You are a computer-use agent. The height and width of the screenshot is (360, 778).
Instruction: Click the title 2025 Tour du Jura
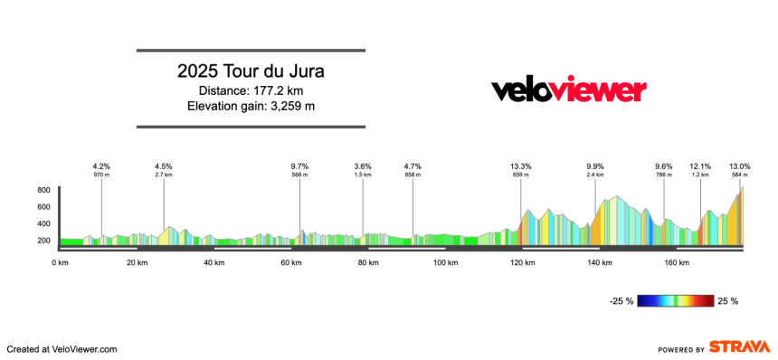pos(251,71)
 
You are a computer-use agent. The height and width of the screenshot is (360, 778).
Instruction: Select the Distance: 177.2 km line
pos(251,90)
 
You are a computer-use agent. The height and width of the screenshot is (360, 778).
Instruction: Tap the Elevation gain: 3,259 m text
pos(251,107)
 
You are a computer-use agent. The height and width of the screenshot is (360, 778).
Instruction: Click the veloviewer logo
pos(568,90)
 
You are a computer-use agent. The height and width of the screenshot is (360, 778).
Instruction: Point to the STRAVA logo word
pos(739,347)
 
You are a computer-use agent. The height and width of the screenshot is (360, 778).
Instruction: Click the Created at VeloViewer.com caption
pos(62,349)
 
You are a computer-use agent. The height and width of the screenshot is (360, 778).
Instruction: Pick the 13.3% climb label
pos(520,166)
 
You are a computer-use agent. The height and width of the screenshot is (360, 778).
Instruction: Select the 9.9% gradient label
pos(594,166)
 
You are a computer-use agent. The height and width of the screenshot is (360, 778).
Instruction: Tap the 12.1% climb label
pos(700,166)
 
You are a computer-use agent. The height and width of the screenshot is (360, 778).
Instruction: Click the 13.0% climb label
pos(739,166)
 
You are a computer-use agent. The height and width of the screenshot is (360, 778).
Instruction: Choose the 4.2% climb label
pos(101,166)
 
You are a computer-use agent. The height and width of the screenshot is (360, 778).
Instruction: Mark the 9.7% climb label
pos(299,166)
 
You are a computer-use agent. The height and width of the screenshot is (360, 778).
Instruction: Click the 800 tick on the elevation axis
pos(43,191)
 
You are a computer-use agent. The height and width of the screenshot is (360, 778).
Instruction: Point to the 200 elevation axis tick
pos(43,241)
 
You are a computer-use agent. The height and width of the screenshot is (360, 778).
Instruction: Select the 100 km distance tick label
pos(445,263)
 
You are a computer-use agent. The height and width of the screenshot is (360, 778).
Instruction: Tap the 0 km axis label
pos(61,263)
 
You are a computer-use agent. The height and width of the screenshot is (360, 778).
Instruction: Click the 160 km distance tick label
pos(677,263)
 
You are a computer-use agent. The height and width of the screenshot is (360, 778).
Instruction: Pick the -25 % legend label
pos(622,301)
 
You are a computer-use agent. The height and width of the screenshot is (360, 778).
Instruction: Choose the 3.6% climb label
pos(363,166)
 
